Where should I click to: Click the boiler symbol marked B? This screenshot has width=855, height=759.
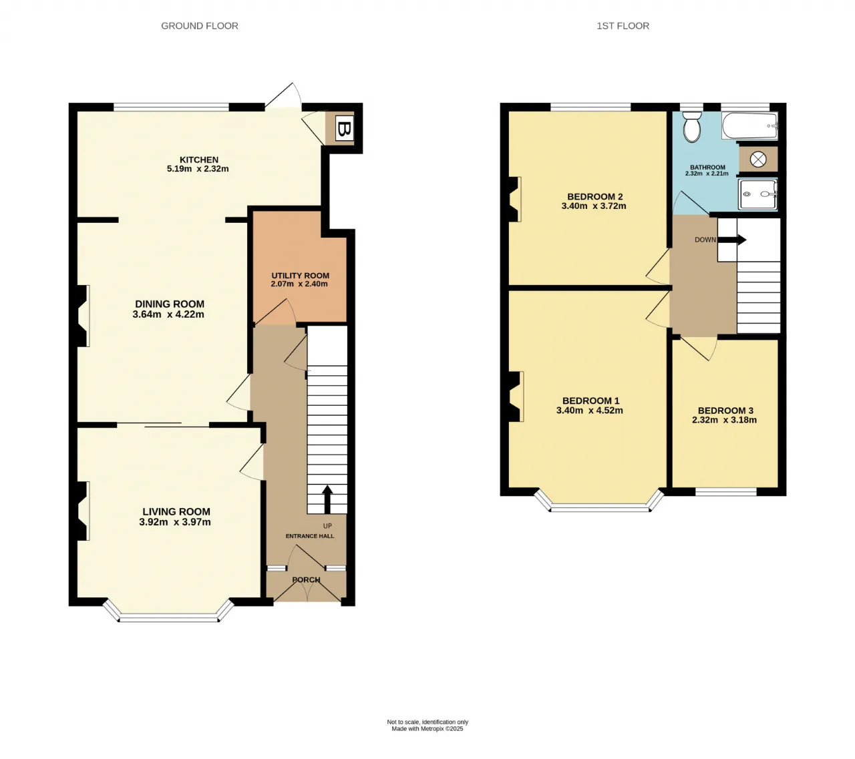click(x=344, y=130)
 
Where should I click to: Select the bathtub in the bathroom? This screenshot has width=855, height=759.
click(x=749, y=125)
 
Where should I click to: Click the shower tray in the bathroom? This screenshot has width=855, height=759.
click(x=757, y=194)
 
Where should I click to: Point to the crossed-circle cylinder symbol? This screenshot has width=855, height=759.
click(x=758, y=160)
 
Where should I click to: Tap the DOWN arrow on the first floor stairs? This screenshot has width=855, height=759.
click(x=732, y=240)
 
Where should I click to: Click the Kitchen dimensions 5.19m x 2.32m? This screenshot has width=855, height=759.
click(x=198, y=169)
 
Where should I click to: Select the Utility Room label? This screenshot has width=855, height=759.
click(x=300, y=276)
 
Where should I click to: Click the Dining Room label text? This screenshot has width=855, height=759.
click(x=170, y=304)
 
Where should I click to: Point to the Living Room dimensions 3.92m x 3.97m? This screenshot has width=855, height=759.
click(x=175, y=522)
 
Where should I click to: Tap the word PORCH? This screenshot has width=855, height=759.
click(x=307, y=579)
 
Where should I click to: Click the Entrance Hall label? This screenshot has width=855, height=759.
click(x=310, y=536)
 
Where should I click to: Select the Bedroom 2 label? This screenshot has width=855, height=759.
click(x=594, y=197)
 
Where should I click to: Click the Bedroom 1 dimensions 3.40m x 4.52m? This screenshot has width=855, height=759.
click(x=590, y=411)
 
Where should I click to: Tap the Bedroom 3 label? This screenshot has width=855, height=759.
click(x=725, y=411)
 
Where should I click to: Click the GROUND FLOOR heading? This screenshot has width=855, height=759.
click(x=200, y=26)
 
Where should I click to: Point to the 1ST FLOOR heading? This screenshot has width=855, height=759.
click(x=623, y=26)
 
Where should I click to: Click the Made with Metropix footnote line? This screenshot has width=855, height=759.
click(x=427, y=728)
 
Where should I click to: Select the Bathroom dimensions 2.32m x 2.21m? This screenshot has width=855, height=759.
click(x=707, y=174)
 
